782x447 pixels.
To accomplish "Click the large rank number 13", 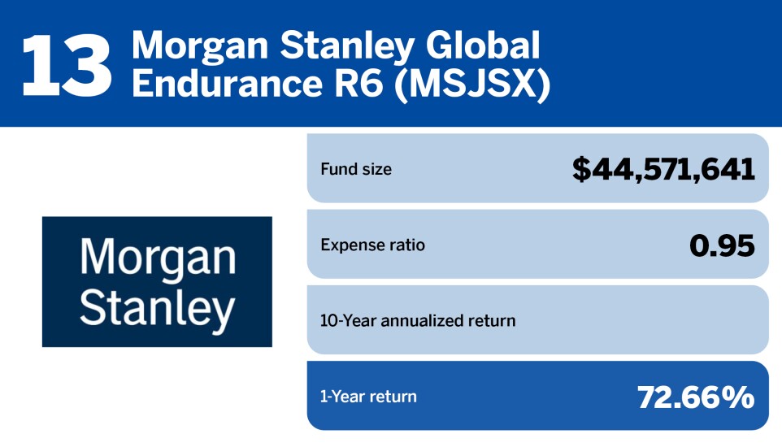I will [x=67, y=63].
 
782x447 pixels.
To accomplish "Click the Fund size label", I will [x=356, y=170].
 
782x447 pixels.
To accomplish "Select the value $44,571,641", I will [x=663, y=169].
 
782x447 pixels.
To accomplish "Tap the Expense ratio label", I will [x=373, y=245].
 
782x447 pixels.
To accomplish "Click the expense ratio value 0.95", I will [x=722, y=245].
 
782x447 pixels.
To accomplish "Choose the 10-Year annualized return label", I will [x=418, y=320].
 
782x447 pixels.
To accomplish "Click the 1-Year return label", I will [x=368, y=397].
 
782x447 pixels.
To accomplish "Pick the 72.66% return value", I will [x=696, y=397].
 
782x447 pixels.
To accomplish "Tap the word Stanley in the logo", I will [x=158, y=307].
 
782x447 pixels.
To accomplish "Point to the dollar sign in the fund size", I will [x=582, y=169].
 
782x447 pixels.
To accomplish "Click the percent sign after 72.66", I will [x=738, y=397].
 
